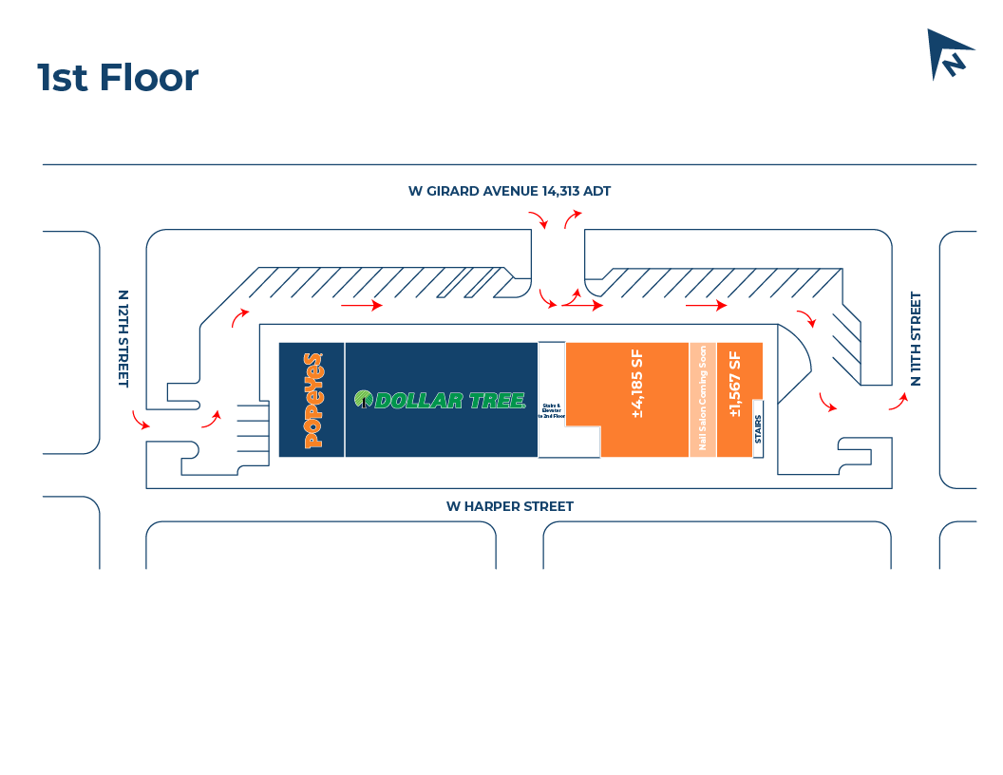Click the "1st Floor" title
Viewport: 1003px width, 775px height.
(x=118, y=78)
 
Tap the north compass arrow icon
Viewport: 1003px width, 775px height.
(x=949, y=54)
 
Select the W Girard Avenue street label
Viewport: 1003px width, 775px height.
(x=509, y=191)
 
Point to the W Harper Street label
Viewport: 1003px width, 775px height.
(x=510, y=506)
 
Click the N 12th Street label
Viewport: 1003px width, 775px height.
(x=123, y=338)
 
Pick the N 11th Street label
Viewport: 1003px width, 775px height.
(x=916, y=338)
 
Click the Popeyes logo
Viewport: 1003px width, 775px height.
(x=312, y=400)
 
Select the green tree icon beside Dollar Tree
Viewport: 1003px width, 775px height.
(x=363, y=399)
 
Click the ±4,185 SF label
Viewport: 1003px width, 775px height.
(x=637, y=385)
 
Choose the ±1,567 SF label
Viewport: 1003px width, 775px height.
(x=734, y=385)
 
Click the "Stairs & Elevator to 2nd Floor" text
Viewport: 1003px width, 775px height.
(x=552, y=410)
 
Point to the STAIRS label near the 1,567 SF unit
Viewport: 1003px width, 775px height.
(x=758, y=429)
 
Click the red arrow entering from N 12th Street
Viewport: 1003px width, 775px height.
(x=141, y=421)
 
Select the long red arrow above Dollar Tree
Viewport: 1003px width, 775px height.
(x=362, y=306)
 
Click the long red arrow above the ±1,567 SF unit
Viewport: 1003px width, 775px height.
(x=707, y=306)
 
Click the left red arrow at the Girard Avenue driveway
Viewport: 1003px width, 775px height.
(x=539, y=220)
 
